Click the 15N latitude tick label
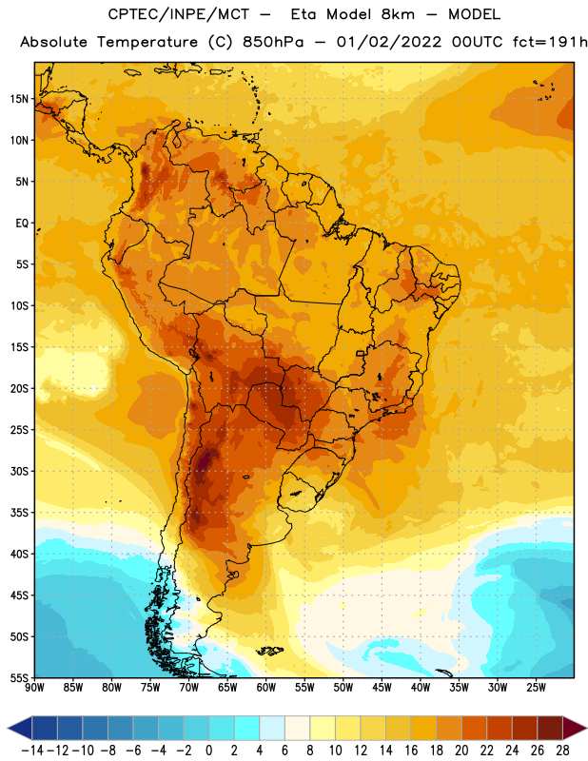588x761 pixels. pos(19,99)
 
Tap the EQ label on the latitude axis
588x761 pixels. pos(22,224)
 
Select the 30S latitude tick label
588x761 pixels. pos(19,471)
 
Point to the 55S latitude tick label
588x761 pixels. pos(19,678)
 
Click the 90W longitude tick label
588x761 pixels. pos(34,688)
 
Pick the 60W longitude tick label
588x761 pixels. pos(266,688)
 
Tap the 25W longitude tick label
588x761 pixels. pos(536,688)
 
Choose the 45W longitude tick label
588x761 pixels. pos(382,688)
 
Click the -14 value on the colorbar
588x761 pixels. pos(32,751)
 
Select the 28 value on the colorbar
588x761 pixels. pos(562,751)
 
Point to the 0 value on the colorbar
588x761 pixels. pos(208,751)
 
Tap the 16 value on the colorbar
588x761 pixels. pos(411,751)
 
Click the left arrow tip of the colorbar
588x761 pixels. pos(8,728)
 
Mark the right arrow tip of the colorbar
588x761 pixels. pos(586,728)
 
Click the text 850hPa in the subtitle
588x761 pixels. pos(273,42)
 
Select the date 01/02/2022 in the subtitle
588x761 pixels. pos(389,42)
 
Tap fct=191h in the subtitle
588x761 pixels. pos(550,42)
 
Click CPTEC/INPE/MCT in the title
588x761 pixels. pos(178,14)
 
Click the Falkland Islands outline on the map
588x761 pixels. pos(270,651)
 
